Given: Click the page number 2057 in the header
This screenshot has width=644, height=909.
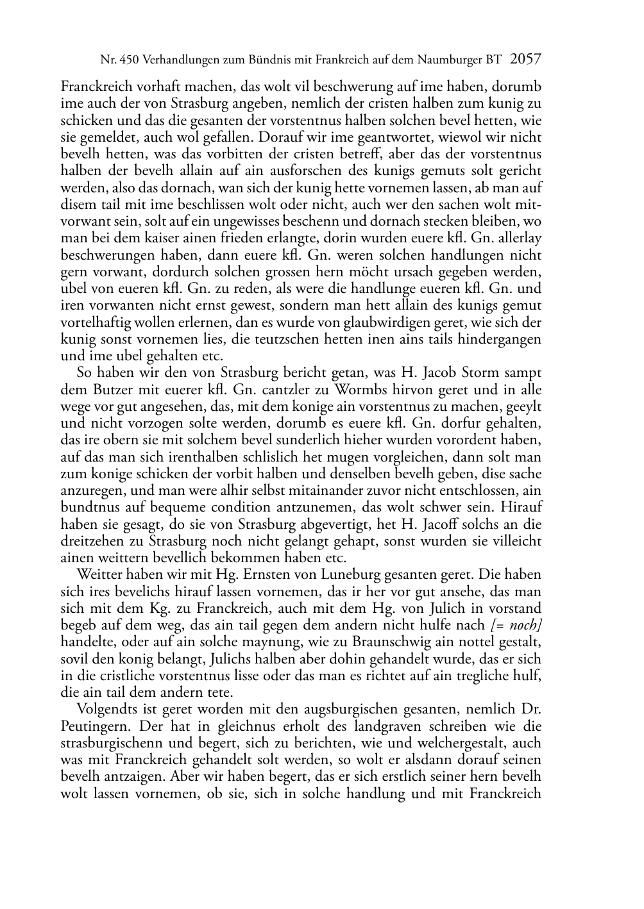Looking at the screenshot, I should (x=525, y=60).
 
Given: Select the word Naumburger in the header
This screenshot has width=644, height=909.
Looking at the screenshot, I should (x=449, y=61).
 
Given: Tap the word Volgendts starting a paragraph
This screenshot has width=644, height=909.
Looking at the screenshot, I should (x=106, y=710).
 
